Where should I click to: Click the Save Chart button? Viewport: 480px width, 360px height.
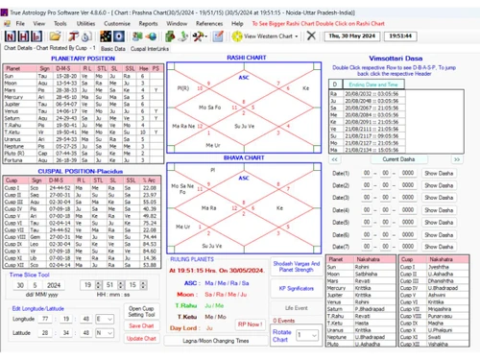141,325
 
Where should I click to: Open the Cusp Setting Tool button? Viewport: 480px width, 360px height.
141,311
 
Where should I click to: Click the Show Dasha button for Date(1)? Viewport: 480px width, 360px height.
437,173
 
